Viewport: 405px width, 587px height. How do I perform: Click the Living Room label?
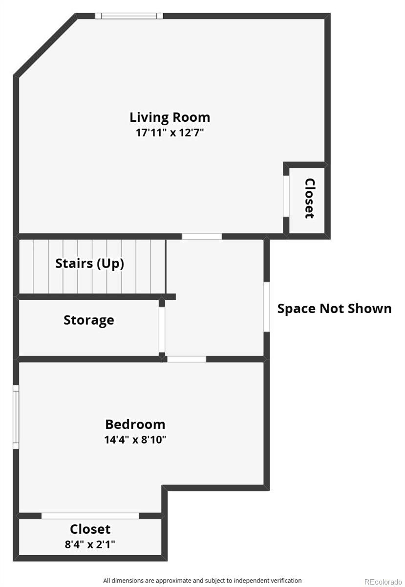tap(170, 117)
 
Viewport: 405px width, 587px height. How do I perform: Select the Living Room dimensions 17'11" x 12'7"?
tap(170, 133)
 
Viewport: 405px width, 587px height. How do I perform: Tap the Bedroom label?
tap(135, 424)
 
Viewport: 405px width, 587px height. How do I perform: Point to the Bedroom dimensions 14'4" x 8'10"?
tap(135, 439)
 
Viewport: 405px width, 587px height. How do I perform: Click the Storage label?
tap(89, 320)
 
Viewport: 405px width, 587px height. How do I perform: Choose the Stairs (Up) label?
tap(89, 263)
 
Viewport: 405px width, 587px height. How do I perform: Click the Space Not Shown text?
tap(334, 309)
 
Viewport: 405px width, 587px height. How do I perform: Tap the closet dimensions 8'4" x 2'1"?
tap(90, 544)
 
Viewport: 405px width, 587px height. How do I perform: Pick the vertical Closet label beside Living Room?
tap(309, 198)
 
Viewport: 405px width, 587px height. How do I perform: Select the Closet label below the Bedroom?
tap(90, 529)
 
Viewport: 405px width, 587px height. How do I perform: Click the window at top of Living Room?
tap(129, 16)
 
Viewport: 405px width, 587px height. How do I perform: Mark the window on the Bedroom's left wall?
tap(16, 417)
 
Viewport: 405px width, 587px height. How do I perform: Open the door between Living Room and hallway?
tap(202, 236)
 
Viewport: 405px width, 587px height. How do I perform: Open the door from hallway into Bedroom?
tap(187, 359)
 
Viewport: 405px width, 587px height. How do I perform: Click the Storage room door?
tap(162, 329)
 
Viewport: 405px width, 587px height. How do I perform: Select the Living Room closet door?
tap(286, 196)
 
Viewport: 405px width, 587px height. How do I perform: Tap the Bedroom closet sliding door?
tap(90, 516)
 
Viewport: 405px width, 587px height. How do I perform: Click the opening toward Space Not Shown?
tap(267, 307)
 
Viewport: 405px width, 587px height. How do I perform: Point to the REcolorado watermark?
tap(383, 581)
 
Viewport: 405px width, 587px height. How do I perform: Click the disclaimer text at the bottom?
tap(202, 580)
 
